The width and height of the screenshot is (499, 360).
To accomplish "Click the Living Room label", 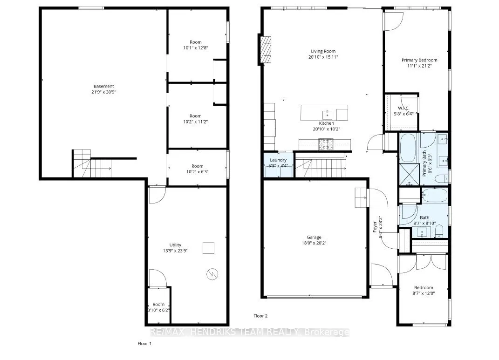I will (323, 51).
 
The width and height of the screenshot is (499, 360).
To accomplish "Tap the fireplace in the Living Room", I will (266, 50).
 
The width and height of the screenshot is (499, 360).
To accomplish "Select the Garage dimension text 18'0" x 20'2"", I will (314, 243).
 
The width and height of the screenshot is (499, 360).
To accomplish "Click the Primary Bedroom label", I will (419, 60).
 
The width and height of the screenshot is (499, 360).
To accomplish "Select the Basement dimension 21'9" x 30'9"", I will (103, 92).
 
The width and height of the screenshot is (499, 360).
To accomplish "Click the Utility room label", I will (175, 245).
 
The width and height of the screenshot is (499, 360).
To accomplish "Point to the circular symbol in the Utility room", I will (212, 274).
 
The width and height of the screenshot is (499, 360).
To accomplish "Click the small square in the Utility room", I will (208, 248).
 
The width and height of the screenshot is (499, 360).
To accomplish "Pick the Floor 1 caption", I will (144, 344).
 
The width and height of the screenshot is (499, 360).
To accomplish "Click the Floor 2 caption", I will (260, 316).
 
